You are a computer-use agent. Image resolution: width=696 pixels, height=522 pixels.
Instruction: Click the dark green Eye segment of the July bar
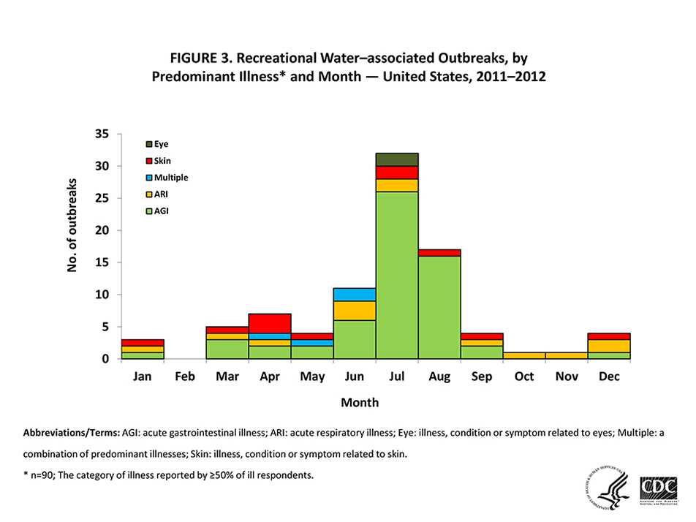[397, 159]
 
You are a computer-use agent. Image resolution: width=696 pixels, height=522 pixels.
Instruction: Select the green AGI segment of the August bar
[439, 307]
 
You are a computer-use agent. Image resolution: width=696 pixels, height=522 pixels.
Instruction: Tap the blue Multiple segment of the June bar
[355, 294]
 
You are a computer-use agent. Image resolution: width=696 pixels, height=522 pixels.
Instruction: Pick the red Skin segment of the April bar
[270, 323]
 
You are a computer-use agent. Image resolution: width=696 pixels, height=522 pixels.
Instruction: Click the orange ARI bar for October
[524, 355]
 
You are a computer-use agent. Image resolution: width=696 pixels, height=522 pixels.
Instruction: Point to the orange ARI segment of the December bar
[609, 346]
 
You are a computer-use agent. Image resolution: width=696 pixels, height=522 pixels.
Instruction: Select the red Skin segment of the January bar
[143, 342]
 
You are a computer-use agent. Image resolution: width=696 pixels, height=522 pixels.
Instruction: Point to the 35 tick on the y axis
[101, 135]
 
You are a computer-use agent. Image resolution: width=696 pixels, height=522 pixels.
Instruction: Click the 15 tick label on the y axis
[101, 262]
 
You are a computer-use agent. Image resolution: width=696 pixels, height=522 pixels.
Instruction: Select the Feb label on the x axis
[184, 377]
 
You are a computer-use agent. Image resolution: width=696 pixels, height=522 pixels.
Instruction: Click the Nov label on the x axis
[567, 377]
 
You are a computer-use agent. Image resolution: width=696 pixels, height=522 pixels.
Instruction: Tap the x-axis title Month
[359, 403]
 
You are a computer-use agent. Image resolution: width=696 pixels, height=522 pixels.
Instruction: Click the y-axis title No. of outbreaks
[72, 232]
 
